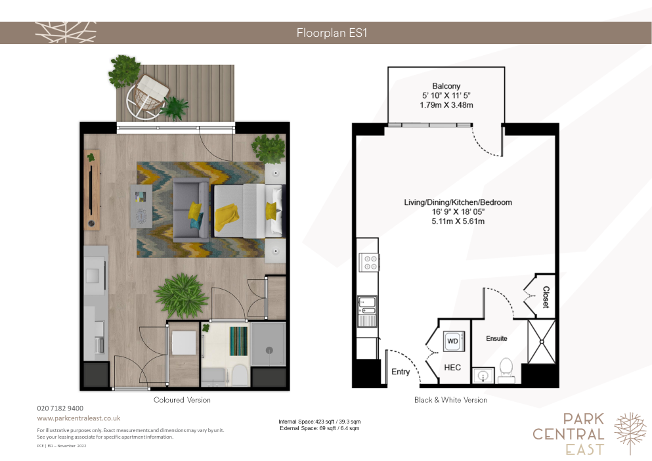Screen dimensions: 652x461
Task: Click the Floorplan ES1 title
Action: click(332, 33)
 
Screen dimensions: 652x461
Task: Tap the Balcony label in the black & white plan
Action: click(446, 86)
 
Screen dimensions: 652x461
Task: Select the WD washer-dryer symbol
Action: click(453, 341)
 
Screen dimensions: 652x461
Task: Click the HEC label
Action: click(452, 367)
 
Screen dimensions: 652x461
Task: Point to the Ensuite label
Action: click(496, 339)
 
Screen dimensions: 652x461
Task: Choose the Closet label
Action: click(546, 297)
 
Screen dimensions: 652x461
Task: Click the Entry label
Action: click(401, 372)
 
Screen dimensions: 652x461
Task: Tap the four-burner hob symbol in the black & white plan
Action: click(369, 262)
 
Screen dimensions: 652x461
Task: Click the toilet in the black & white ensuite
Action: click(506, 370)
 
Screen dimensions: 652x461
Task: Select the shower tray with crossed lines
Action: click(542, 341)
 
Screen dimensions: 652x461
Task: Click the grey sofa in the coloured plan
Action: click(191, 210)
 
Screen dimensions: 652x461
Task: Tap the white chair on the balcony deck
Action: click(146, 97)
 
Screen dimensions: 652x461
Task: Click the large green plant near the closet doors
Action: click(181, 296)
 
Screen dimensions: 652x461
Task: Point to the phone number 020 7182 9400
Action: click(60, 408)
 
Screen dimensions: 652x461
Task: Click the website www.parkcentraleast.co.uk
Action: click(79, 418)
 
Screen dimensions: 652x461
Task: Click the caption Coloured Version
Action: click(182, 400)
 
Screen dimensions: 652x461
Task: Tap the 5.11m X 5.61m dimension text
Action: click(458, 221)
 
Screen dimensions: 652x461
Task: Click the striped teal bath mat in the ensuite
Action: click(238, 341)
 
